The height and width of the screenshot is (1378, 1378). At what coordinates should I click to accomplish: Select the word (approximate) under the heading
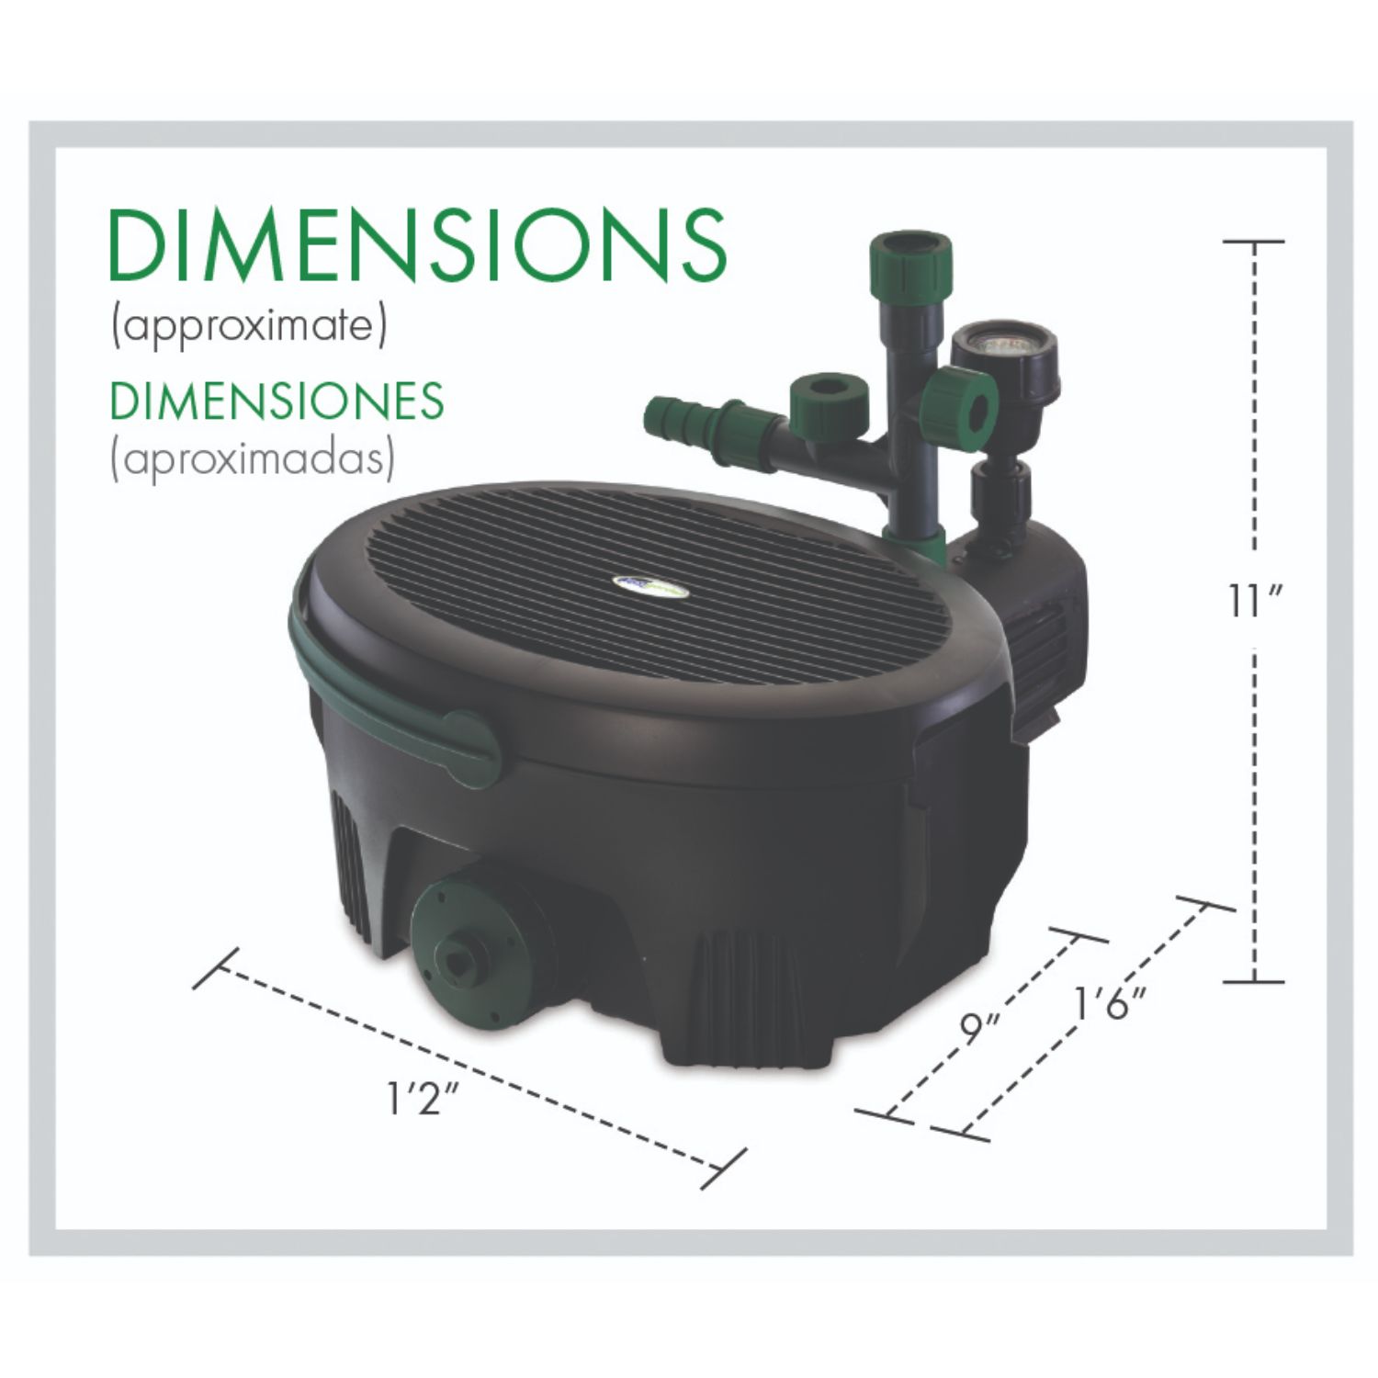pos(248,327)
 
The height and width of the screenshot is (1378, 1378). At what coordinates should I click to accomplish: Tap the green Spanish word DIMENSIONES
pos(277,401)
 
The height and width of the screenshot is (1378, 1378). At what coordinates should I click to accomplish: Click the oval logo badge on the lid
pos(651,586)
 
